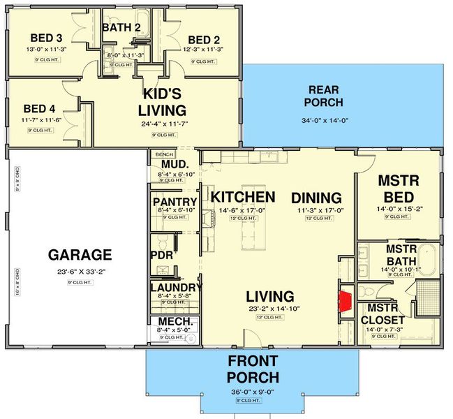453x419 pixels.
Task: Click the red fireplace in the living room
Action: [344, 300]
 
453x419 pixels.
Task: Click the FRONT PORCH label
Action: [252, 369]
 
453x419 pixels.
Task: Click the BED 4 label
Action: [40, 109]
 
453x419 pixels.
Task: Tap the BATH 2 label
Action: [121, 28]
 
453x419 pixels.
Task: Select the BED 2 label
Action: [205, 39]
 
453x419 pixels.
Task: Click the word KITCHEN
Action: [243, 197]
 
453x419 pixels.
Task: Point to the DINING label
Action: [316, 198]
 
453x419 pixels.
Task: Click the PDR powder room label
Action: [161, 255]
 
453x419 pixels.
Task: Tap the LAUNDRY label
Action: [176, 287]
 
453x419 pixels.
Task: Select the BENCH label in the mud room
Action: [164, 154]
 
